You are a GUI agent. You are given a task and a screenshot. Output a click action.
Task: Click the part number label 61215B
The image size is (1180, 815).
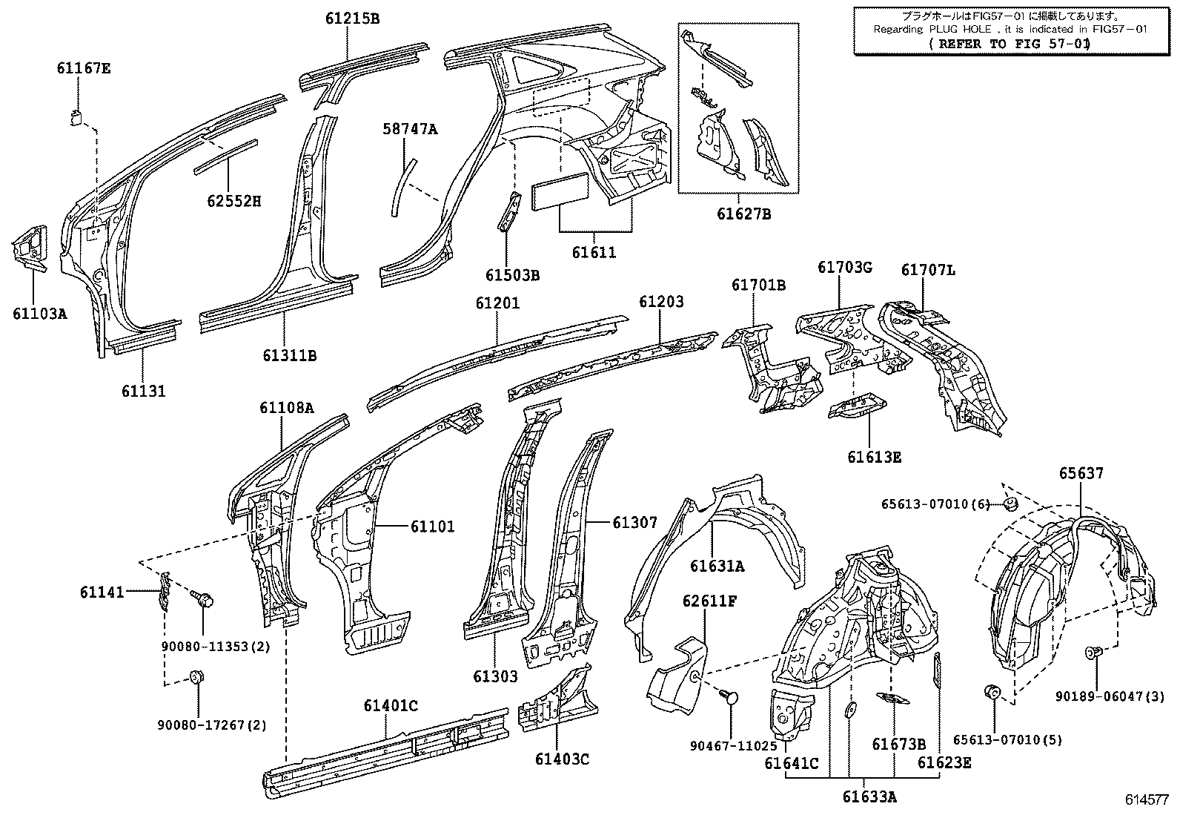click(352, 19)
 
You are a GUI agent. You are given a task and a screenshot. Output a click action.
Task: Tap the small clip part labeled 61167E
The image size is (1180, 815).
click(77, 118)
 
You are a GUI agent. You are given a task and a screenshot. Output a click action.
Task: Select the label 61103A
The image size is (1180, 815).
click(40, 314)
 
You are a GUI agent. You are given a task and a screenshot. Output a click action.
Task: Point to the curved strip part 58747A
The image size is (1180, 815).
click(403, 187)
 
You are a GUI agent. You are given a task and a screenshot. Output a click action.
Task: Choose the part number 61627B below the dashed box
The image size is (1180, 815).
click(744, 214)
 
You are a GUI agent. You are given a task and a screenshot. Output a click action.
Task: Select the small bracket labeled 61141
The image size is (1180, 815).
click(165, 590)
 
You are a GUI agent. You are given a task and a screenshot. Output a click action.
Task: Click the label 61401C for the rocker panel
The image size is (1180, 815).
click(391, 705)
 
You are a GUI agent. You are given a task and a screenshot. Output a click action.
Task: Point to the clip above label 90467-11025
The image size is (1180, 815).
click(730, 697)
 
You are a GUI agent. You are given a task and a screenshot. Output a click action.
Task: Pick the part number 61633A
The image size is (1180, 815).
click(869, 796)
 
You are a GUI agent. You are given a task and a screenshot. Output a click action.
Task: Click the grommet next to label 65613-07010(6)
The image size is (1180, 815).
click(1010, 504)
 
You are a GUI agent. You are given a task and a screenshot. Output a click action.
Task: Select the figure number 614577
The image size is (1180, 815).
click(1147, 799)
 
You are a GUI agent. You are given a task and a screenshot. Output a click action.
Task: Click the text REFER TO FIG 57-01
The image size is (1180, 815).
click(1010, 44)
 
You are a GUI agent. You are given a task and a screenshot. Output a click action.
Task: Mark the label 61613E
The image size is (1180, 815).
click(874, 457)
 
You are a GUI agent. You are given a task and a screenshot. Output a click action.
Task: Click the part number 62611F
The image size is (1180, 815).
click(709, 601)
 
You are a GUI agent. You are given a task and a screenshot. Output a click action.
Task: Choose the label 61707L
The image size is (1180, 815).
click(928, 270)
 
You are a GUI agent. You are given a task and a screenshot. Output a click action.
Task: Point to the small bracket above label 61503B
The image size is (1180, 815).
click(509, 212)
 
